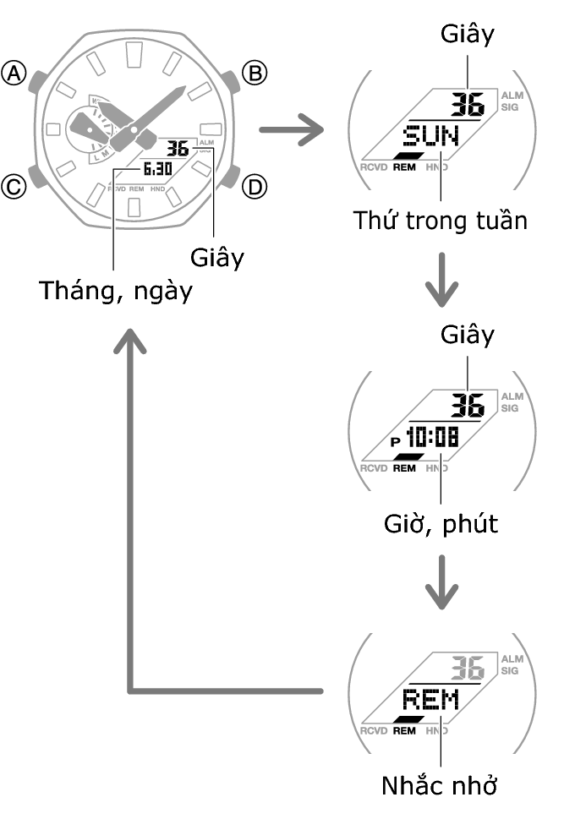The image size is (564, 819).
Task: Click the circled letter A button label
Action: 14,74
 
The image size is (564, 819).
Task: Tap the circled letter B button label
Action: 254,74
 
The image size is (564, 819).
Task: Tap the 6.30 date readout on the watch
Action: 157,169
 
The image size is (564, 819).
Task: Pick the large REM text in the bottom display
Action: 430,700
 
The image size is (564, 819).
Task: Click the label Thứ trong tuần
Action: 440,221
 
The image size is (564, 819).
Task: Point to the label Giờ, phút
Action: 439,524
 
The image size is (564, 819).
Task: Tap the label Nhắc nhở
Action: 438,785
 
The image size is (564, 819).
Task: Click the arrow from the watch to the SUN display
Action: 292,131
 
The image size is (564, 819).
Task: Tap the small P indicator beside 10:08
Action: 395,441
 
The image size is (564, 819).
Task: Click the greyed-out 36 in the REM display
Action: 466,668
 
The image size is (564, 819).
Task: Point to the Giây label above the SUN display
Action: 467,34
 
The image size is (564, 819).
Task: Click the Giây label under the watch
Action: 216,257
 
